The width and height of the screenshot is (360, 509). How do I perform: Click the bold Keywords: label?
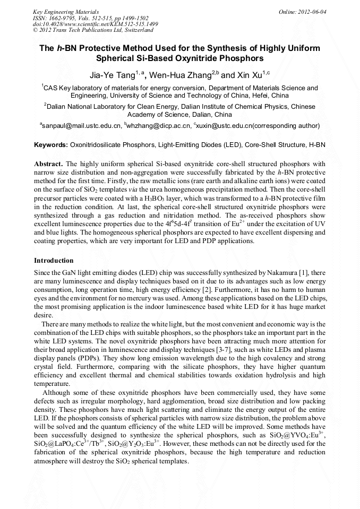tap(51, 145)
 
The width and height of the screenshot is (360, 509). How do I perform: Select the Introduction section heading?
tap(54, 261)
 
